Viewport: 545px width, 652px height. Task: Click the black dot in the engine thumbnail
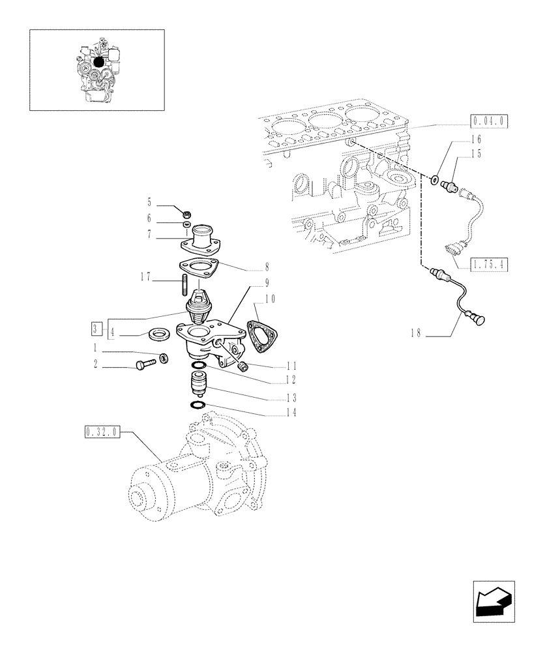tap(99, 61)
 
